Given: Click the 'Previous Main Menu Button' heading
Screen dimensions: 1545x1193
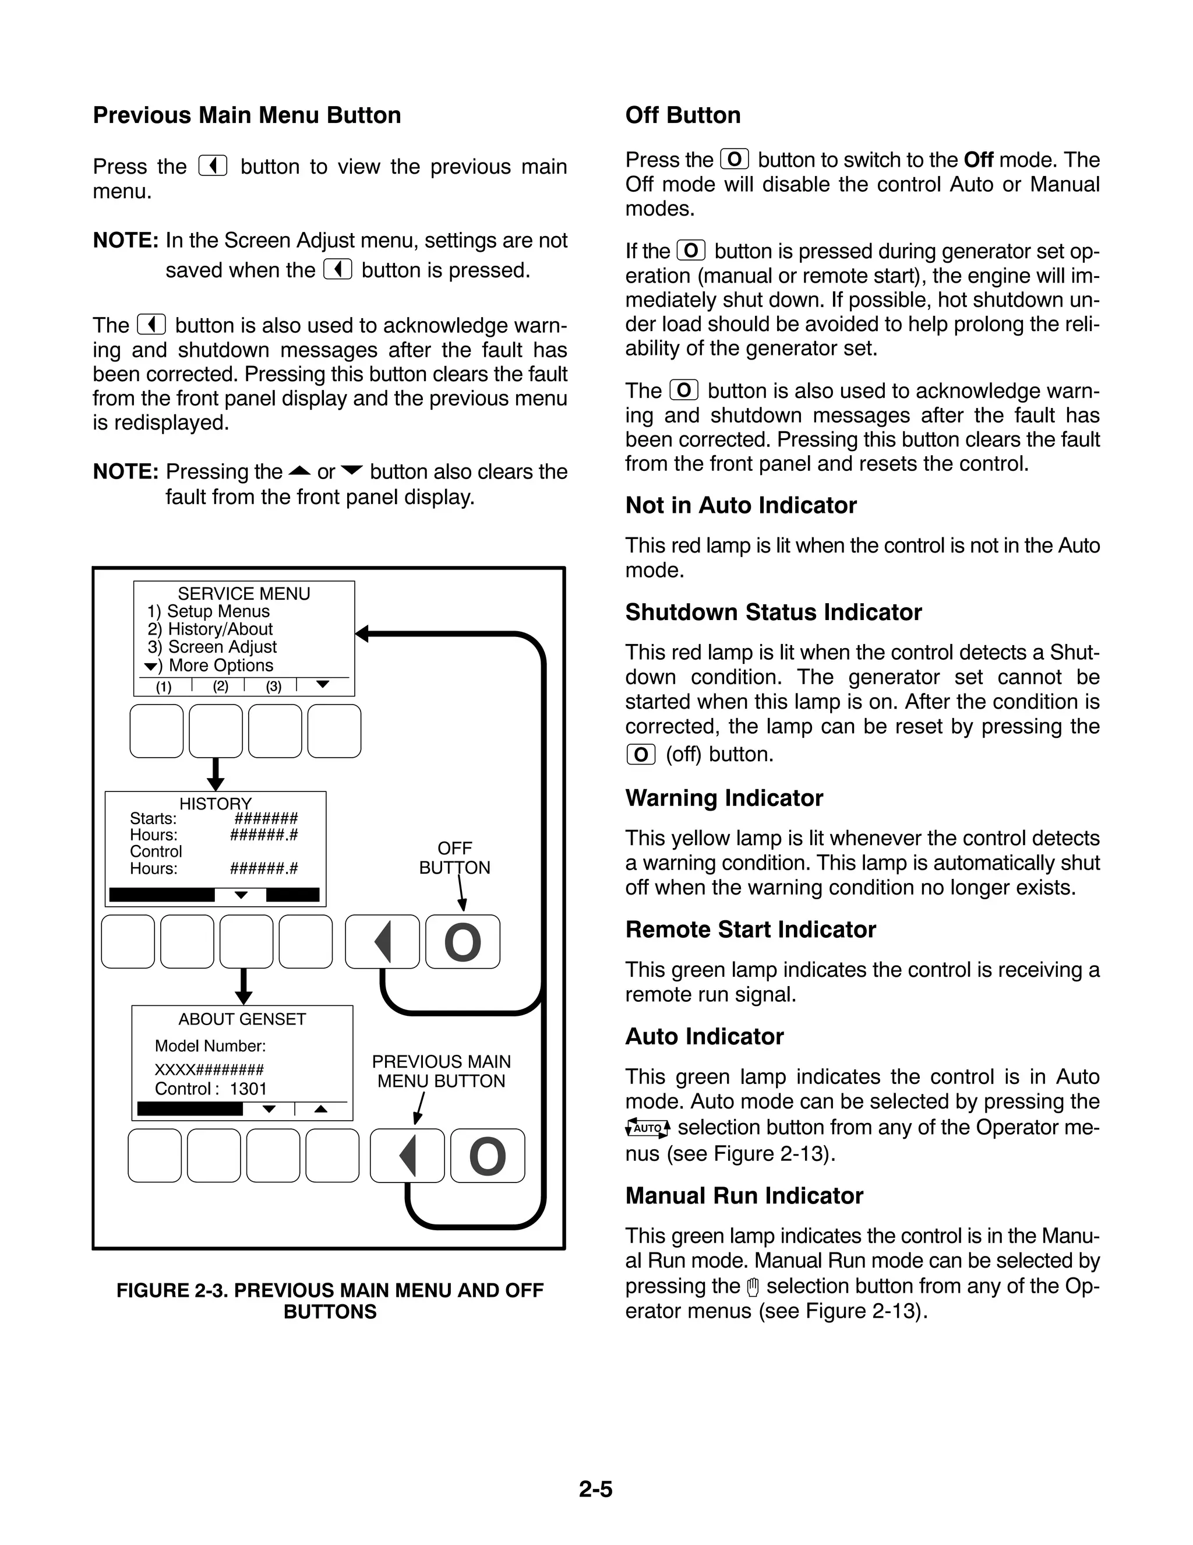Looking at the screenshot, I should [247, 115].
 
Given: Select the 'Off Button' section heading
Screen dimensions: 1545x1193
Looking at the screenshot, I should [682, 115].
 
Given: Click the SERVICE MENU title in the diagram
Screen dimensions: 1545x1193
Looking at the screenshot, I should [243, 593].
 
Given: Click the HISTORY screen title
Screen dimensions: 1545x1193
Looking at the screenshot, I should [215, 804].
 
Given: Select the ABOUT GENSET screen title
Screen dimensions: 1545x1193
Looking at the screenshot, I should [242, 1019].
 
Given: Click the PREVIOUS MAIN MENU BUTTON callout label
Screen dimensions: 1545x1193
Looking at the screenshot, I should [442, 1071].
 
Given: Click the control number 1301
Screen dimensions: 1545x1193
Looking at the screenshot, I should [248, 1089].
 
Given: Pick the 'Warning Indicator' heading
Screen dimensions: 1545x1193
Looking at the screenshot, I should [724, 798].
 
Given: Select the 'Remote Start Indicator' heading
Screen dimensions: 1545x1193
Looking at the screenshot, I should [750, 930].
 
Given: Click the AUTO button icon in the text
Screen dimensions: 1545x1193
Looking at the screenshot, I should [648, 1128].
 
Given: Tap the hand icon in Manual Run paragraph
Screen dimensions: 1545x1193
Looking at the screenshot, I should [753, 1287].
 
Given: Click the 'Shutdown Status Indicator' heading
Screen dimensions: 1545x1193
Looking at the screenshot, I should [773, 613].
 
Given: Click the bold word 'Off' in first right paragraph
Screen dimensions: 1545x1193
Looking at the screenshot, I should [978, 160].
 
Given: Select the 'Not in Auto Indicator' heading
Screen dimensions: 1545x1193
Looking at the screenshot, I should [740, 506].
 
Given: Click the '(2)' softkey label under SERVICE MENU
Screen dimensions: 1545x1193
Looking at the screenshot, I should [221, 686].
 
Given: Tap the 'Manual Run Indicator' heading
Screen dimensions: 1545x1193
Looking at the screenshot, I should [744, 1195].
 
